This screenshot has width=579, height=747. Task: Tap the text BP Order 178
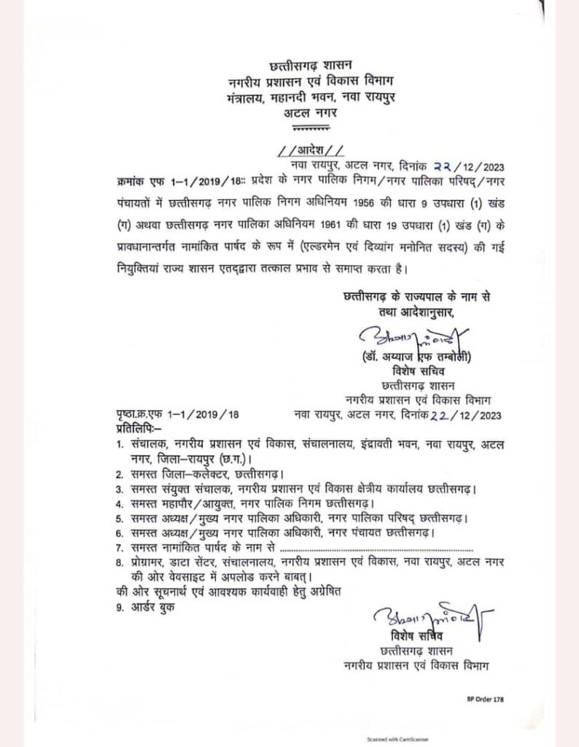485,699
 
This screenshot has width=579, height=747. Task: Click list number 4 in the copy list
119,503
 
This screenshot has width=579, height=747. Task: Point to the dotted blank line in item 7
377,547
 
